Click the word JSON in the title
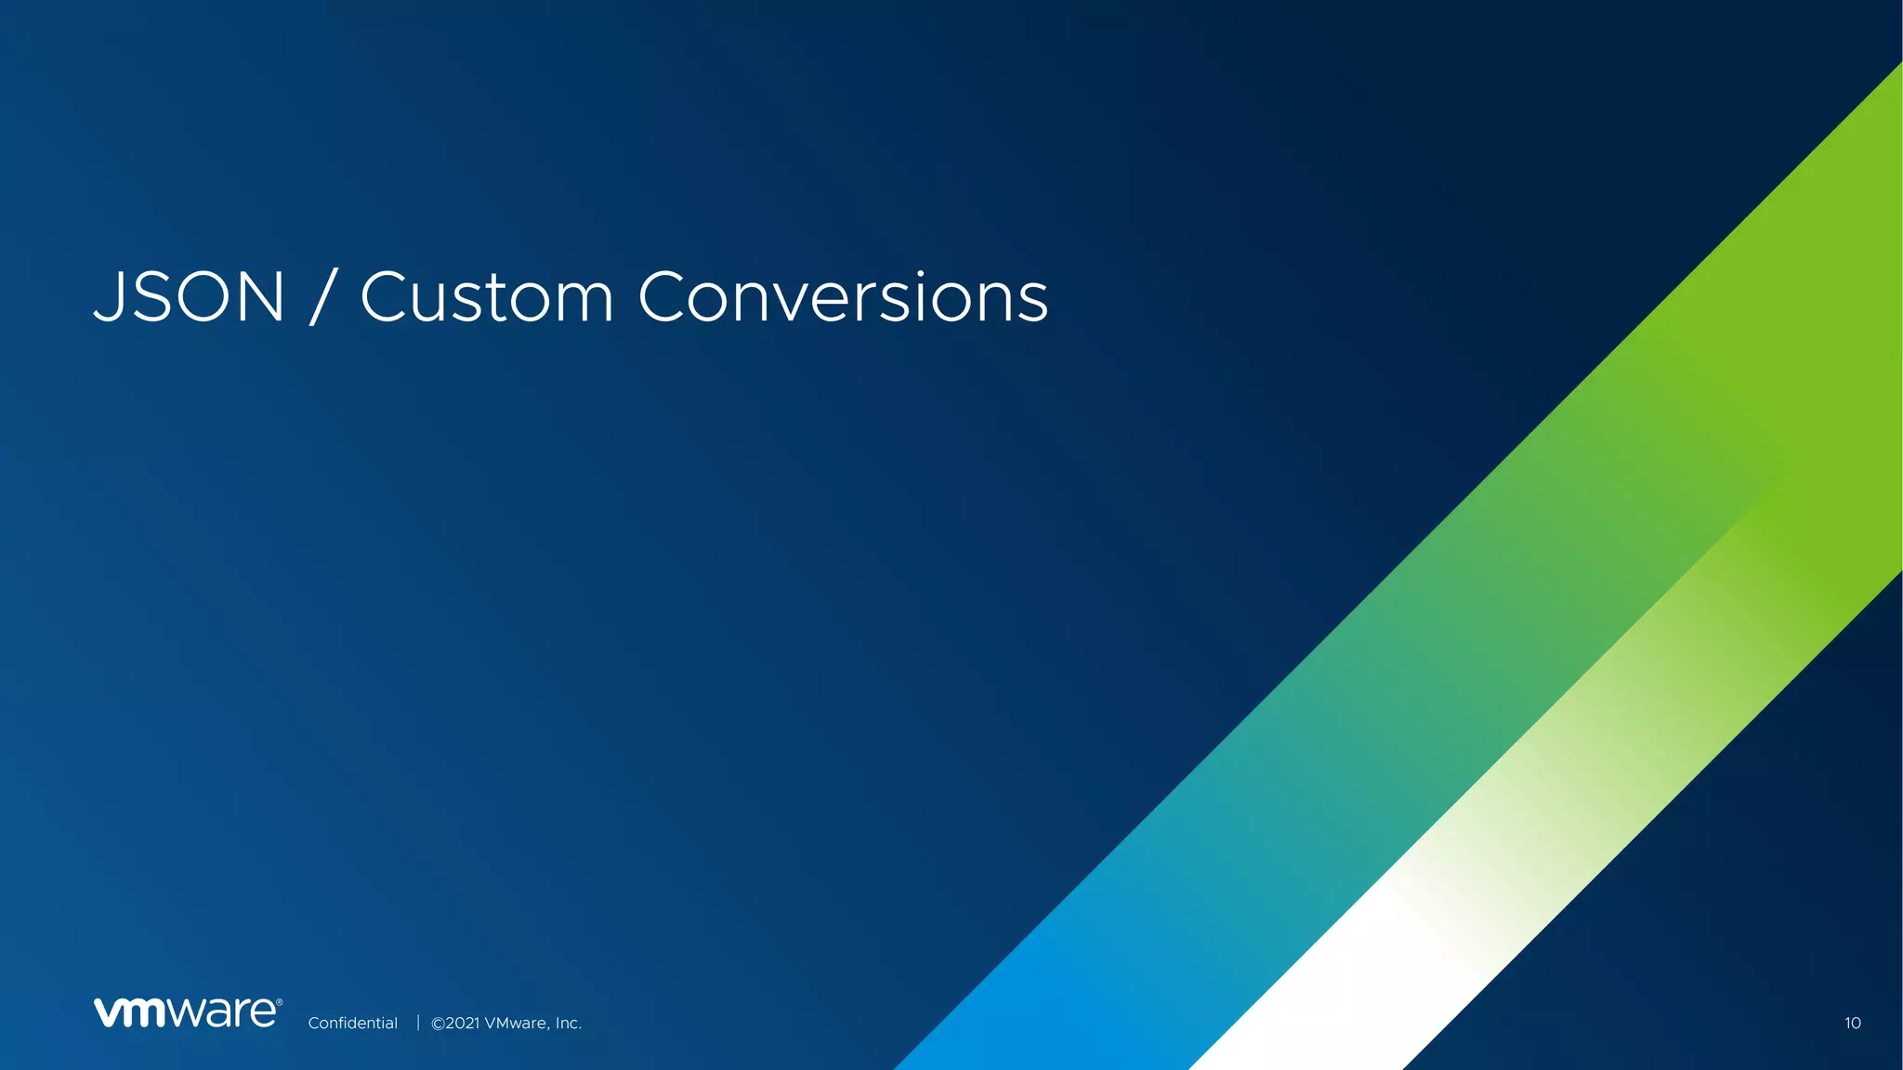(x=189, y=297)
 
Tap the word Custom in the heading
(x=487, y=297)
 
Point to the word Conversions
(x=843, y=297)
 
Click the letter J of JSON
(x=110, y=297)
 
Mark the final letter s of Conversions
(x=1032, y=303)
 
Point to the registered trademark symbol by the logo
(x=279, y=1002)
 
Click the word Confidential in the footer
(x=352, y=1023)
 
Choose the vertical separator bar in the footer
(x=418, y=1023)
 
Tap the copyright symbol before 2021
(x=438, y=1023)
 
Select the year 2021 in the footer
(x=463, y=1023)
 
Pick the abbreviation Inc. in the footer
(x=568, y=1023)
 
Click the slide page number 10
(x=1852, y=1023)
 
